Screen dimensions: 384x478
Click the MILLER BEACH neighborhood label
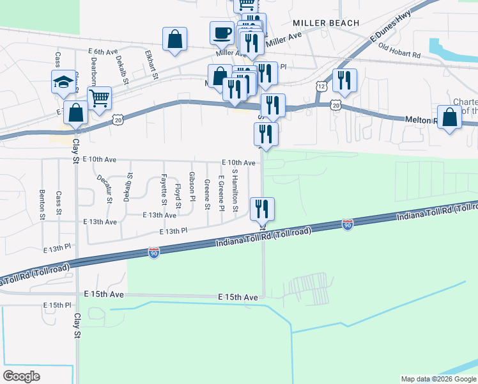pos(322,22)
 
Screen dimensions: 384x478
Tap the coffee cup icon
pos(222,33)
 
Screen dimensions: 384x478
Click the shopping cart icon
pos(99,99)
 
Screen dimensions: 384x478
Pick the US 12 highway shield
pos(321,86)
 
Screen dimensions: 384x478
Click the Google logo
pos(21,376)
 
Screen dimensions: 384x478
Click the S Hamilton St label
pos(235,191)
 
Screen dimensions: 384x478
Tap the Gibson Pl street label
pos(192,186)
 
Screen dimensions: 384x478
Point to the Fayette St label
pos(164,189)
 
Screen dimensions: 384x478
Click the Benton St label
pos(43,204)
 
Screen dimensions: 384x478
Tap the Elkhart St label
pos(151,65)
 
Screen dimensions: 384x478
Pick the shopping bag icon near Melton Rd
pos(450,118)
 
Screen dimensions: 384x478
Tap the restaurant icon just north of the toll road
pos(262,209)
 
